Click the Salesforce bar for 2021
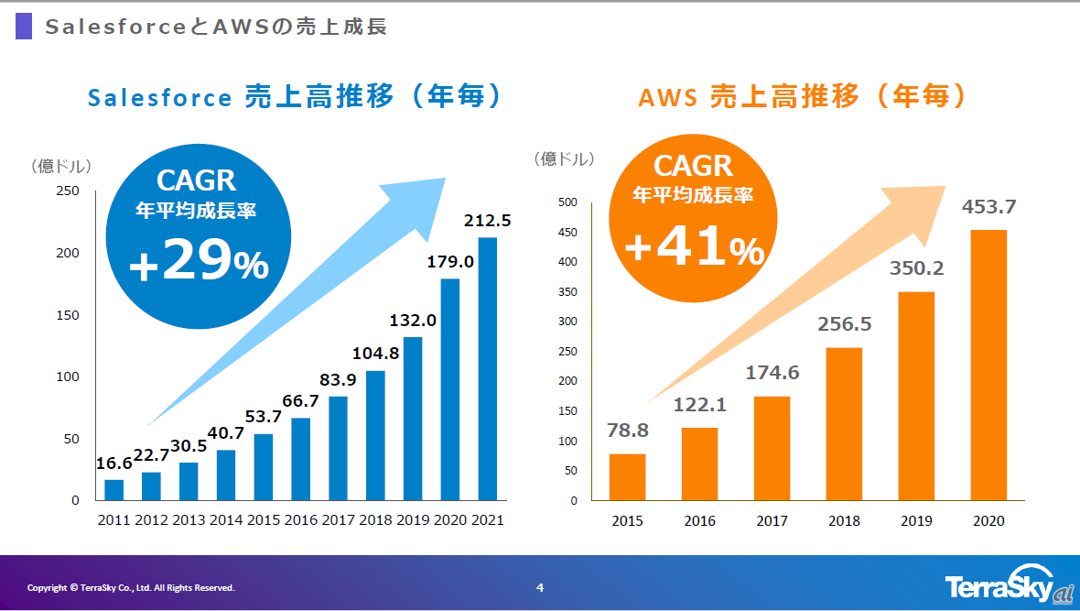tap(488, 369)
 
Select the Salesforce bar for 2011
tap(113, 490)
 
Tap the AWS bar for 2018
tap(845, 424)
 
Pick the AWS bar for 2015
tap(627, 477)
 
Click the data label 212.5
tap(488, 221)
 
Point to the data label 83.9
tap(338, 380)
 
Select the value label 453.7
tap(988, 207)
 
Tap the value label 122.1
tap(699, 405)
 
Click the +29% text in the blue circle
tap(199, 266)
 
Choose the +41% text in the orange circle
tap(694, 249)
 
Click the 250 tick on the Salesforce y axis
tap(69, 191)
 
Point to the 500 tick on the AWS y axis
tap(567, 202)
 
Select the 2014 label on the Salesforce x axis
tap(225, 520)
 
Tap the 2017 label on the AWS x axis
tap(772, 521)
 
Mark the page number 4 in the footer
tap(540, 587)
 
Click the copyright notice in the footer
tap(131, 588)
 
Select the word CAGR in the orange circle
tap(693, 166)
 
